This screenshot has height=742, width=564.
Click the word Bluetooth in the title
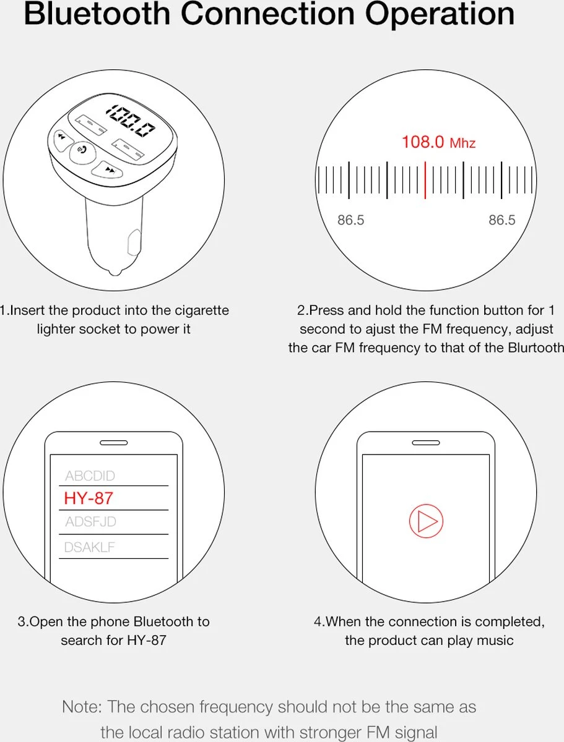point(97,14)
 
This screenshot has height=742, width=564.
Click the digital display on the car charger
point(130,121)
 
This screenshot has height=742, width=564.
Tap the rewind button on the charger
point(62,140)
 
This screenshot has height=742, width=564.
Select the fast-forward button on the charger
point(108,169)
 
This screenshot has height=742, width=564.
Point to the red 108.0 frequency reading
point(423,142)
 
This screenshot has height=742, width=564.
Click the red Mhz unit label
point(462,143)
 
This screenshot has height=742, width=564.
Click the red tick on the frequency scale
point(425,180)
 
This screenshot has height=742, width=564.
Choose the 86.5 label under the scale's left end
point(350,220)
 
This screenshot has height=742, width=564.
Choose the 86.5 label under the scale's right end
point(501,220)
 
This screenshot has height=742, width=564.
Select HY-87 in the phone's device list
point(89,498)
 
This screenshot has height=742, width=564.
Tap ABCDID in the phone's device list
point(90,476)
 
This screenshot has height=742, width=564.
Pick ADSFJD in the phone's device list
point(90,522)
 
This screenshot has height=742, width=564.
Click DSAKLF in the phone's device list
point(90,547)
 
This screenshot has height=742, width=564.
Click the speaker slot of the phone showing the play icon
point(425,443)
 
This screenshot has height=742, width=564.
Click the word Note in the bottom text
point(82,707)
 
